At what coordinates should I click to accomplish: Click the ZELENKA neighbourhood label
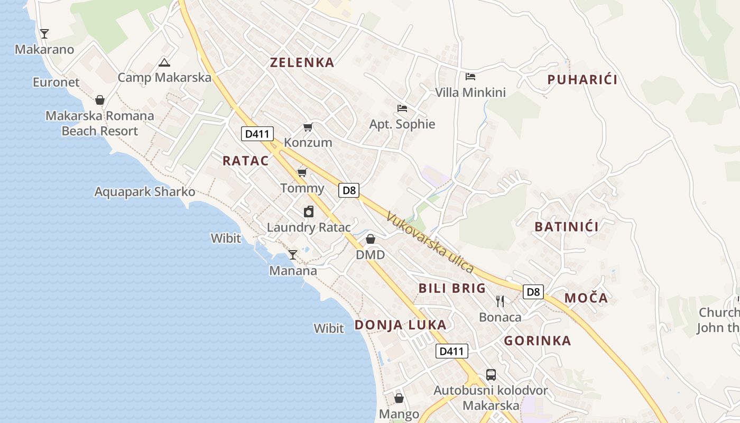point(302,62)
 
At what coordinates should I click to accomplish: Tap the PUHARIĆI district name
point(582,80)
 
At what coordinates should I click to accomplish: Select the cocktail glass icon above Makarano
point(44,34)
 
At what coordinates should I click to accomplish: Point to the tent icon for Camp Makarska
point(164,63)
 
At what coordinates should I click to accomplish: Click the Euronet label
point(56,82)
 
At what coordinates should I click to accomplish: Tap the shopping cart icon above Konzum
point(308,127)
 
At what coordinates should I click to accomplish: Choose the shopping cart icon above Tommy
point(302,173)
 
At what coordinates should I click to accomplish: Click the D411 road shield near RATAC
point(257,134)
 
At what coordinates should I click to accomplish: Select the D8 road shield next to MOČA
point(534,291)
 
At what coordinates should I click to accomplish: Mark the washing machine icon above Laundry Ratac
point(309,212)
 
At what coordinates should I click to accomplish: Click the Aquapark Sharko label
point(145,192)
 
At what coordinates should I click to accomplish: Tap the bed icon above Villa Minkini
point(470,77)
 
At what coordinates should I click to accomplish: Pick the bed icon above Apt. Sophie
point(402,109)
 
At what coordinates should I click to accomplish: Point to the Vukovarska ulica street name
point(430,242)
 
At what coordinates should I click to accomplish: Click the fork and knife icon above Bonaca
point(500,301)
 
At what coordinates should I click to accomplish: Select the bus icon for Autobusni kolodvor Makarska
point(491,375)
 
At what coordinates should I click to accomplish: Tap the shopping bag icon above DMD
point(371,240)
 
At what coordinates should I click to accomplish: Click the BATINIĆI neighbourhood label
point(566,227)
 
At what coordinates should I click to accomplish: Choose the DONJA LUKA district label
point(400,325)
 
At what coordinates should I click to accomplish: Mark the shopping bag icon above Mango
point(399,398)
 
